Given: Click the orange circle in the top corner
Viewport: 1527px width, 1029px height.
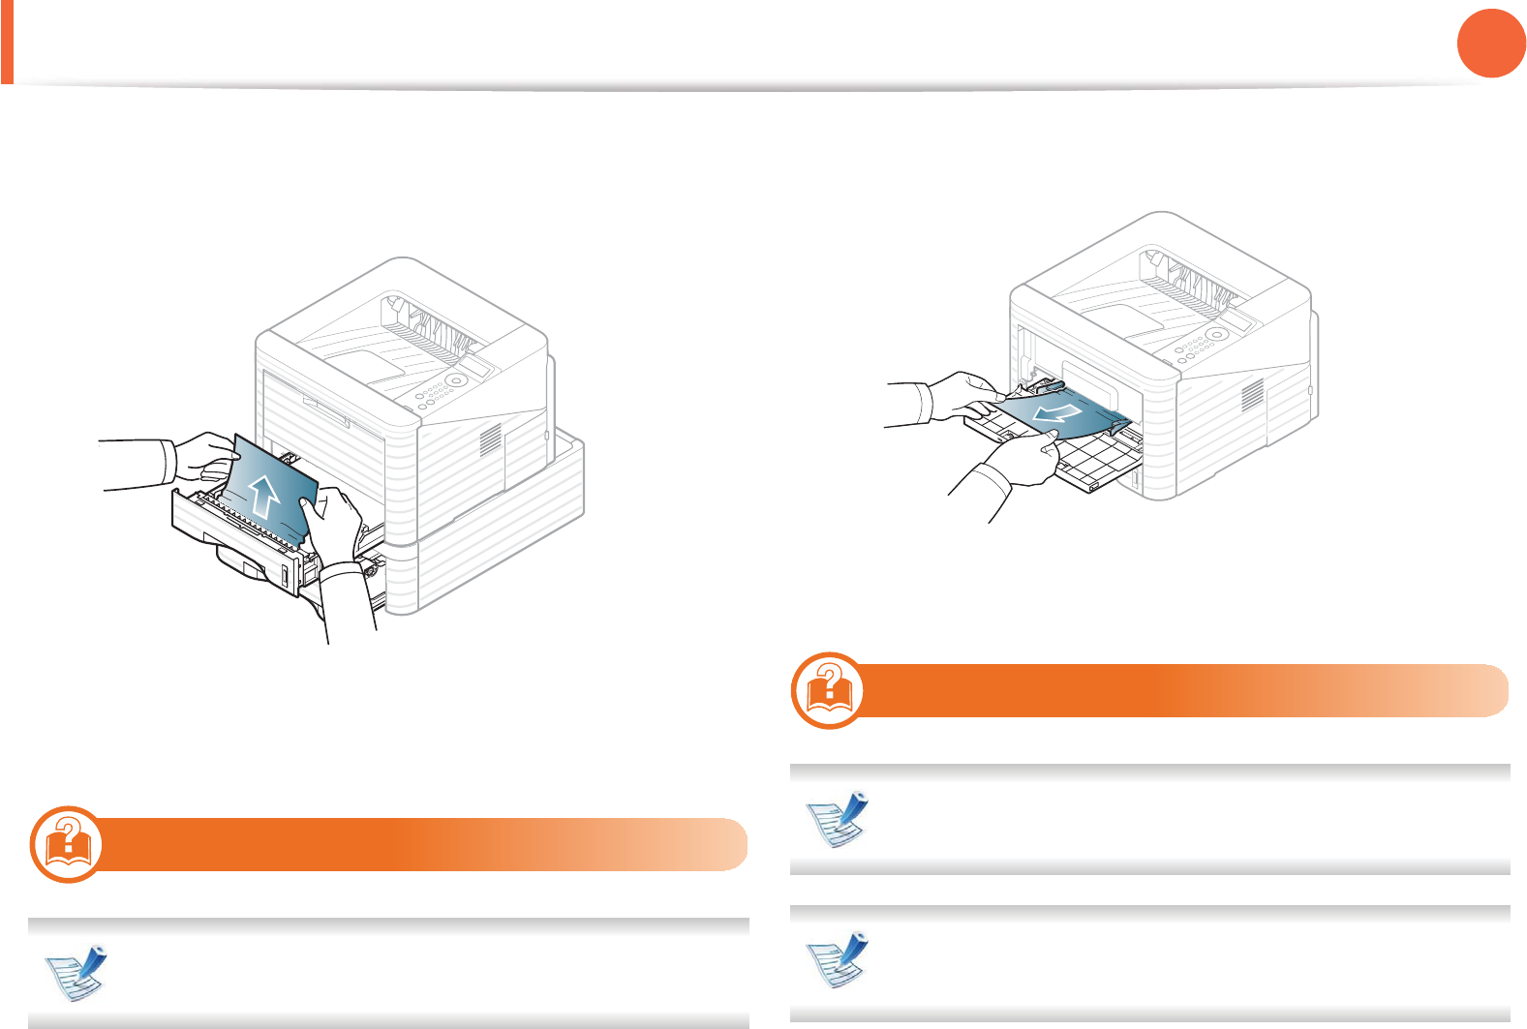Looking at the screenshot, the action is click(x=1491, y=43).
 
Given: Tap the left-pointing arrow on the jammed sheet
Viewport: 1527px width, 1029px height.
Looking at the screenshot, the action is click(x=1054, y=415).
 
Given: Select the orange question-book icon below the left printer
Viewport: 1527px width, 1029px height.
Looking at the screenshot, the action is click(x=67, y=843).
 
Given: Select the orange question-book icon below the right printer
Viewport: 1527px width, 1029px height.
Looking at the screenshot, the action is click(x=829, y=690).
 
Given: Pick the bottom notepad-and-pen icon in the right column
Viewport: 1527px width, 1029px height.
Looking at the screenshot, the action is click(x=839, y=959).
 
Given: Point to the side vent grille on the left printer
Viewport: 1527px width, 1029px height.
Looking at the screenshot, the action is click(x=491, y=439).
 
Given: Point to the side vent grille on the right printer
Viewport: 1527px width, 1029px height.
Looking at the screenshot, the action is click(x=1253, y=393).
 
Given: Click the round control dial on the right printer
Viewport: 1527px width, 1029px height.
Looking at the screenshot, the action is click(x=1218, y=334).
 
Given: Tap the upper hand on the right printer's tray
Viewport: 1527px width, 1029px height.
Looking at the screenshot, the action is click(x=963, y=396).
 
